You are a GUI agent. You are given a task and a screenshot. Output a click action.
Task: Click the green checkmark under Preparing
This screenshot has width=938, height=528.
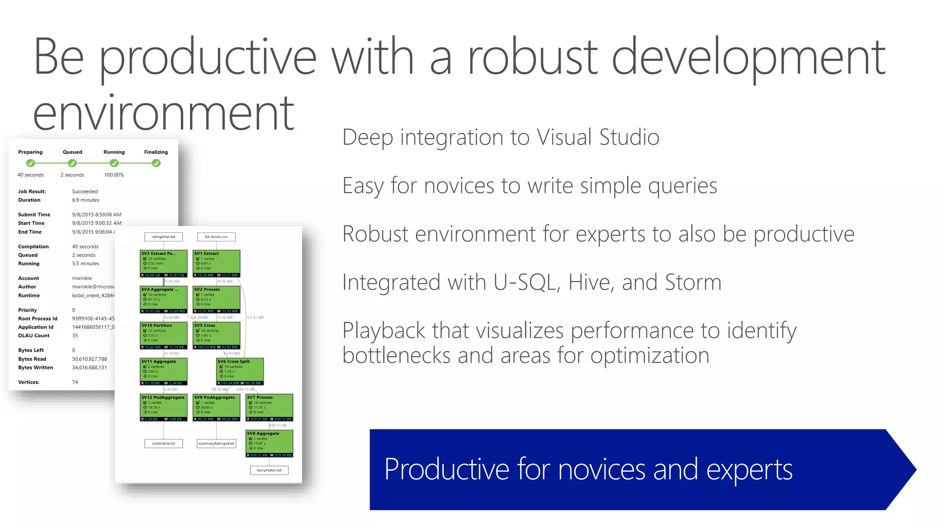(31, 163)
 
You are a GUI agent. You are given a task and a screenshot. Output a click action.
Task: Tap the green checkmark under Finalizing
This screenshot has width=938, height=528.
(156, 163)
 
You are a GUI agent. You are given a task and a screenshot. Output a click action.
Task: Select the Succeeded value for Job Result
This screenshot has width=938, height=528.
(85, 192)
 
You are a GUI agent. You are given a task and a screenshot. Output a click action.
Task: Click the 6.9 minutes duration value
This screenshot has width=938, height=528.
(85, 200)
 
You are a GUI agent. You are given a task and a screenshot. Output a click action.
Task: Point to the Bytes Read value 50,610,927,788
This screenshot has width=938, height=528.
(89, 359)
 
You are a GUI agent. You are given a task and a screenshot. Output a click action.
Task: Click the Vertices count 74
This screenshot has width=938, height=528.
(75, 382)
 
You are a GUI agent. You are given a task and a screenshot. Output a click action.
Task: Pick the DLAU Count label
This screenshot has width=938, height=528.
(34, 335)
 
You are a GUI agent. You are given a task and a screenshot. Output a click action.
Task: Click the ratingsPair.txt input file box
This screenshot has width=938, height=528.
(164, 237)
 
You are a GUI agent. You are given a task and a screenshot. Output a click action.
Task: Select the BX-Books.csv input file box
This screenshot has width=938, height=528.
(216, 237)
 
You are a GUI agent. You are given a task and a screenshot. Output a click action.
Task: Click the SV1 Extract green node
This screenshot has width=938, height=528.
(216, 263)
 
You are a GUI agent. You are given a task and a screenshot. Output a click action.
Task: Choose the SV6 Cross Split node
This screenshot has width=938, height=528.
(240, 371)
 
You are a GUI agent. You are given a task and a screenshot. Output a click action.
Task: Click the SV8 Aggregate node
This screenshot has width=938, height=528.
(269, 443)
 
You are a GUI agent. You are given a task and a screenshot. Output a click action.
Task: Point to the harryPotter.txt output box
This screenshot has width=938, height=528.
(269, 470)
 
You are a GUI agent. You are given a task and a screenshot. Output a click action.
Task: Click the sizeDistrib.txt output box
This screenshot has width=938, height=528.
(164, 443)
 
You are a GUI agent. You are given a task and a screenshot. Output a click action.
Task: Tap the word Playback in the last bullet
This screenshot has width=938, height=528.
(384, 331)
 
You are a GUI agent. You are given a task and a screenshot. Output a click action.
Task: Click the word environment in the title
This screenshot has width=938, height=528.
(164, 113)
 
